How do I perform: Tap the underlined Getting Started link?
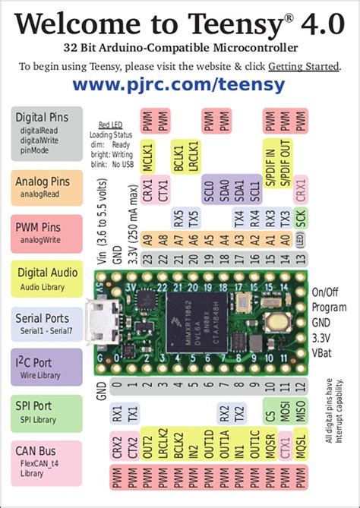pos(306,66)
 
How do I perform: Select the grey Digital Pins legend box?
pos(47,133)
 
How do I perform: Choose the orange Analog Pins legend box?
pos(47,187)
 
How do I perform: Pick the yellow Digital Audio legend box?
pos(47,279)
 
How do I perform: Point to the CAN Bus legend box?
pos(47,460)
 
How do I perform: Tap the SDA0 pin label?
pos(223,186)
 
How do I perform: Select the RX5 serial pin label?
pos(178,218)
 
